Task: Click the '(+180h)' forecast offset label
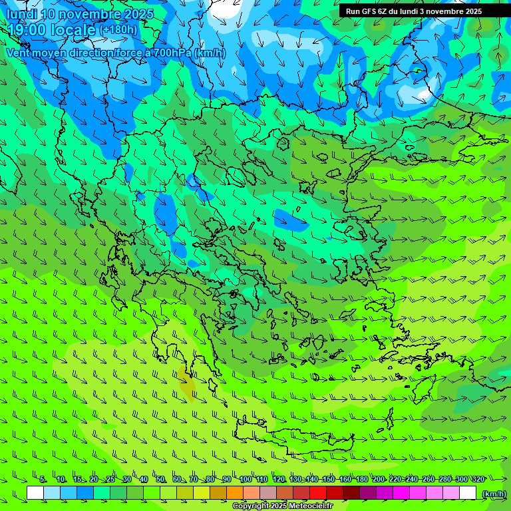[118, 29]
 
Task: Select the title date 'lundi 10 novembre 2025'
[80, 14]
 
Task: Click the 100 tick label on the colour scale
[246, 479]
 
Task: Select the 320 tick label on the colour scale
[478, 479]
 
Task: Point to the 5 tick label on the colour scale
[43, 479]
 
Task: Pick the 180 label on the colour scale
[361, 479]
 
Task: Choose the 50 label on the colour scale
[160, 479]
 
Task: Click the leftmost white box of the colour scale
[35, 493]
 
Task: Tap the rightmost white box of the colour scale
[468, 493]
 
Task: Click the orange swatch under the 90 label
[235, 493]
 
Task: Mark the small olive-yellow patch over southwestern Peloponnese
[188, 385]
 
